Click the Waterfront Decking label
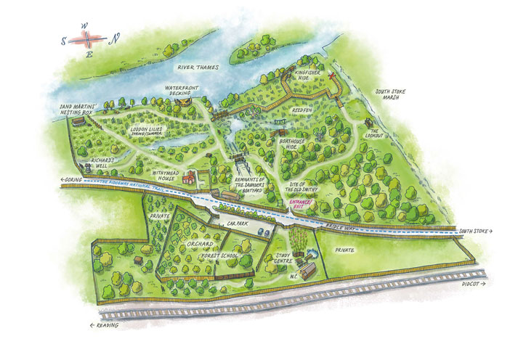point(181,90)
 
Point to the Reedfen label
point(301,110)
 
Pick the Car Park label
point(238,226)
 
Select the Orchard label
point(201,245)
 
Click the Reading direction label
point(105,326)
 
